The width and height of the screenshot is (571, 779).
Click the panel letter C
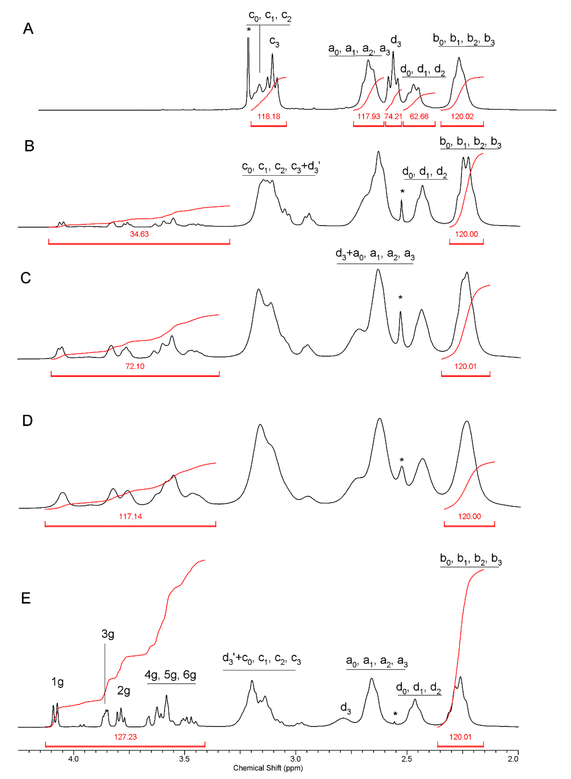point(26,278)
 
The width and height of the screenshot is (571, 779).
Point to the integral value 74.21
point(393,116)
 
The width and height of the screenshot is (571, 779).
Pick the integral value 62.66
point(419,116)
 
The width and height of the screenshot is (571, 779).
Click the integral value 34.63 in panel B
point(139,234)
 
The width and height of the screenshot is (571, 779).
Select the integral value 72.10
point(135,366)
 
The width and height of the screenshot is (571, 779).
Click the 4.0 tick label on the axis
point(73,759)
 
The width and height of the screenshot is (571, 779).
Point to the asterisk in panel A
point(249,30)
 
